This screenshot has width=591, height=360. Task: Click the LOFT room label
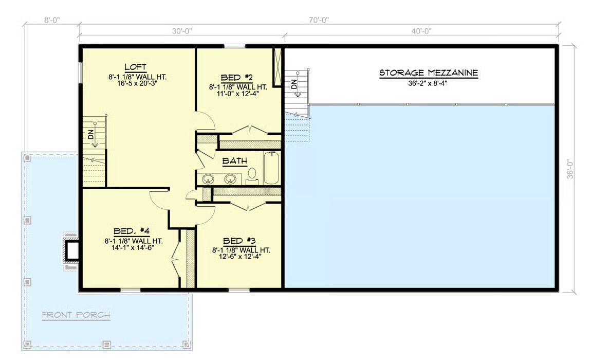click(135, 67)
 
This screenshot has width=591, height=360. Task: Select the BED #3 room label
click(239, 241)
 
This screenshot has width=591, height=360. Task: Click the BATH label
click(234, 161)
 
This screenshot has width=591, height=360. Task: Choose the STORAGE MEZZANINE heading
click(429, 73)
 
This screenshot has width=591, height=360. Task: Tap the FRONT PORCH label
click(76, 315)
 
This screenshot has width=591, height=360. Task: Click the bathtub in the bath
click(271, 168)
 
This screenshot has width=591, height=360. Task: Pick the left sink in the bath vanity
click(208, 179)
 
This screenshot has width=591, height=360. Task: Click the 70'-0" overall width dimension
click(319, 21)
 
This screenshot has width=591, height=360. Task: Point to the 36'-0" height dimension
click(570, 169)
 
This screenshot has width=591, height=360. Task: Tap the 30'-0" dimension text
click(182, 31)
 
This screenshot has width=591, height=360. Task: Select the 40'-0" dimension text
click(421, 31)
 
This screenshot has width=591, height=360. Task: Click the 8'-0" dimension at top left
click(52, 21)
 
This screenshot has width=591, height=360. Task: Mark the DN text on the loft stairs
click(90, 134)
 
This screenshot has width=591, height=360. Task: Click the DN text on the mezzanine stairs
click(294, 84)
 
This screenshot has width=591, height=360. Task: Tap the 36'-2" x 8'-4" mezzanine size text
click(428, 83)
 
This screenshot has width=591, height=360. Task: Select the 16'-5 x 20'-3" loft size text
click(137, 83)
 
